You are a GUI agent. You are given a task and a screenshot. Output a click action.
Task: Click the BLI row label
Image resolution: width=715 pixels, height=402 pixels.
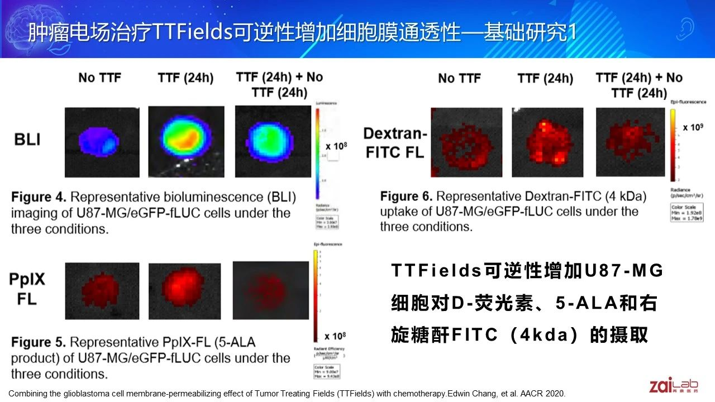[27, 138]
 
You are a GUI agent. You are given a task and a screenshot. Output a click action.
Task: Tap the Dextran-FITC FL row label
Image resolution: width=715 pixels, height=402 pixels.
[395, 142]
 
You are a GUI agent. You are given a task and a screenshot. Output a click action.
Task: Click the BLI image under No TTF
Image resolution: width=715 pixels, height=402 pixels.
[102, 142]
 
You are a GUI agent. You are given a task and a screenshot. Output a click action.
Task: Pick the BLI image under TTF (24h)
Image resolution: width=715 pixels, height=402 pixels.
[186, 142]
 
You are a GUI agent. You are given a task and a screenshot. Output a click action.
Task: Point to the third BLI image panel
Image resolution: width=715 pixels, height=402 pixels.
[273, 142]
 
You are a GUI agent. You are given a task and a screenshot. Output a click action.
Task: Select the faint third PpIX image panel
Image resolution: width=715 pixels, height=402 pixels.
[270, 290]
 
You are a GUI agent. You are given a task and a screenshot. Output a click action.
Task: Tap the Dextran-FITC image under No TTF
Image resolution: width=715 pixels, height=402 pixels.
[466, 142]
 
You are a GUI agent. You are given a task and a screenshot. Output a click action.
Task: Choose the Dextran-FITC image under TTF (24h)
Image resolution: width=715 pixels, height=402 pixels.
[547, 142]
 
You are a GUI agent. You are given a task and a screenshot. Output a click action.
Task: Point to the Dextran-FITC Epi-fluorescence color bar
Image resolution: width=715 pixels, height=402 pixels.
[674, 145]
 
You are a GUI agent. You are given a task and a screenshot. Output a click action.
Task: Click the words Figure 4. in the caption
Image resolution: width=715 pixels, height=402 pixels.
[39, 198]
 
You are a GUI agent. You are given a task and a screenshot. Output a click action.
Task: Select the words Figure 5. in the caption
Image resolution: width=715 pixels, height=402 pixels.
[39, 342]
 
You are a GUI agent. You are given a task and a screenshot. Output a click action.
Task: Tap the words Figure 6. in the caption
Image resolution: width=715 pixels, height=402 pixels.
[408, 197]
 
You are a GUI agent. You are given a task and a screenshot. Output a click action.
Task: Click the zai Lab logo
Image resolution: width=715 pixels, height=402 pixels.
[674, 385]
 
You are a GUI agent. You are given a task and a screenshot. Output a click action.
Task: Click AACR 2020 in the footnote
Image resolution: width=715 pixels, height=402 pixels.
[542, 393]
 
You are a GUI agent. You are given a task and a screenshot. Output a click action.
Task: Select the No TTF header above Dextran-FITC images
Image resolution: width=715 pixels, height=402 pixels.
[459, 79]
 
